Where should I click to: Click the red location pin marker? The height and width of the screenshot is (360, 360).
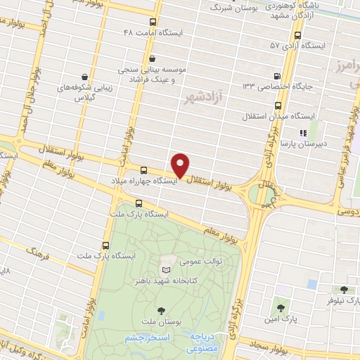pos(181,165)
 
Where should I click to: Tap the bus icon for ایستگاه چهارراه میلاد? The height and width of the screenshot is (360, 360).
pos(143,170)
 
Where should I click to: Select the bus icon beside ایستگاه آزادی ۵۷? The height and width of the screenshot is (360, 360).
pos(298,34)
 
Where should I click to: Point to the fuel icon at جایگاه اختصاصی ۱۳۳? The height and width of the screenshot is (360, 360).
pos(276,76)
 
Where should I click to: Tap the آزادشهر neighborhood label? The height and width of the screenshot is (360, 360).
pos(212,95)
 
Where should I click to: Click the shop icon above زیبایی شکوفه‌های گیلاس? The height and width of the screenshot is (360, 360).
pos(85,77)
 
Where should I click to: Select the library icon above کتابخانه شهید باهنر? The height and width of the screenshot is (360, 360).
pos(165,270)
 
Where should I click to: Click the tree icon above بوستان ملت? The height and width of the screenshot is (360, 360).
pos(162,310)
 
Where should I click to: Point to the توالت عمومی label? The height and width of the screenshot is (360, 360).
pos(181,262)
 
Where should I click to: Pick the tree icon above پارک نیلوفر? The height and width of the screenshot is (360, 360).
pos(344,289)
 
